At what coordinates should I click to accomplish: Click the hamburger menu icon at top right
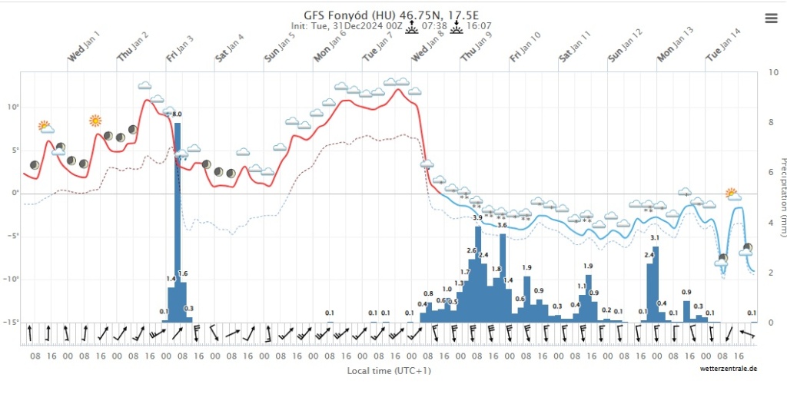click(x=772, y=18)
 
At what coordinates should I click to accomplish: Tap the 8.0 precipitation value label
click(x=177, y=114)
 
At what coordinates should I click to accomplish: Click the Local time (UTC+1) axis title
click(x=388, y=370)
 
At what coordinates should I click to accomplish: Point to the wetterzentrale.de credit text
click(x=728, y=369)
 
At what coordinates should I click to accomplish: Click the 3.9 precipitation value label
click(x=477, y=219)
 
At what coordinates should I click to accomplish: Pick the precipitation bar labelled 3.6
click(x=503, y=277)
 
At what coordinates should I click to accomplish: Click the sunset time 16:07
click(x=479, y=25)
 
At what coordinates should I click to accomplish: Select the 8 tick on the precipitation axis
click(x=772, y=122)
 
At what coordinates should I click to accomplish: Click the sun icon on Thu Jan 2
click(x=95, y=121)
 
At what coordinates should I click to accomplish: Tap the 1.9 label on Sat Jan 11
click(x=589, y=267)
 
